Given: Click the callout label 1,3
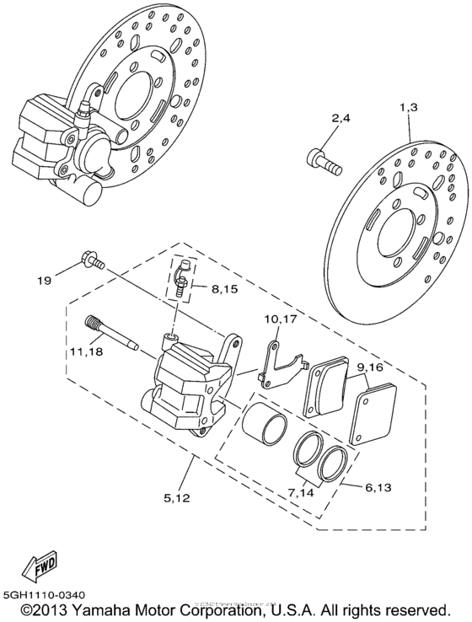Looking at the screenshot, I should click(409, 108).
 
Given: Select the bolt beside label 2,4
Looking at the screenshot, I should click(324, 160).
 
